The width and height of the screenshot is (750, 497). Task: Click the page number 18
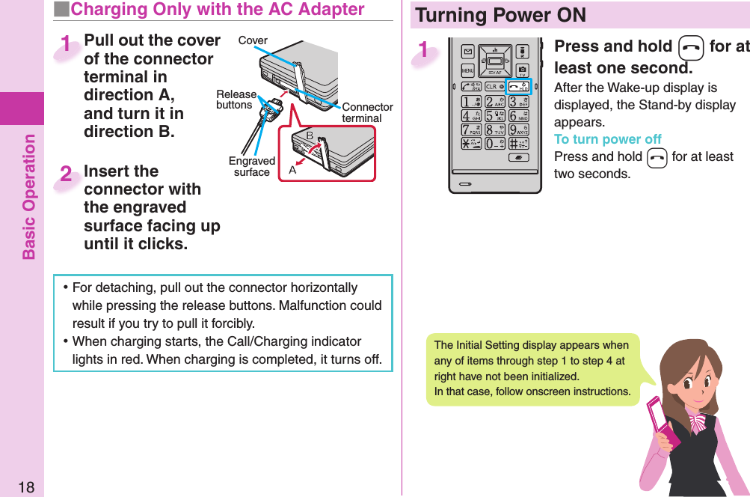[x=25, y=488]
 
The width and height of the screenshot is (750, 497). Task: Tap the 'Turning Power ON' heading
[x=501, y=15]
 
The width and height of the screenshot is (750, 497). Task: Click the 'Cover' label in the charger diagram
[x=253, y=40]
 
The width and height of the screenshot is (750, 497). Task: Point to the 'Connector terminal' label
[x=366, y=113]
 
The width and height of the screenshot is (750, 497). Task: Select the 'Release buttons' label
[x=236, y=100]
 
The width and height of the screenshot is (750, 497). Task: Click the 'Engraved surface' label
[x=252, y=166]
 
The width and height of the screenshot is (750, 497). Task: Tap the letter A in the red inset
[x=292, y=171]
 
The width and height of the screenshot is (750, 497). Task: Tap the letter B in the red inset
[x=309, y=135]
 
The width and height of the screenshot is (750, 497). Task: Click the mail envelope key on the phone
[x=468, y=52]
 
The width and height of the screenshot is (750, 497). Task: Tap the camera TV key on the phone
[x=522, y=71]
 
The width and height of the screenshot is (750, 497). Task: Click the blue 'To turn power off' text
[x=607, y=139]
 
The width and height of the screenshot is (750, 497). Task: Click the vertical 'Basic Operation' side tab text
[x=28, y=196]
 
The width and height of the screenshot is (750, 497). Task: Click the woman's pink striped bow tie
[x=697, y=421]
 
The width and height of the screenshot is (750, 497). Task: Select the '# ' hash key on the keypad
[x=518, y=143]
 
